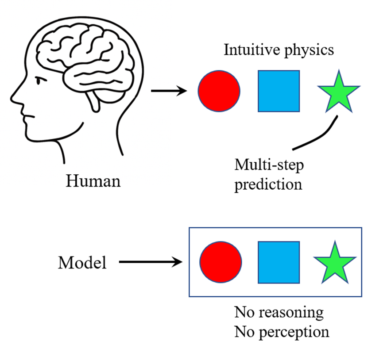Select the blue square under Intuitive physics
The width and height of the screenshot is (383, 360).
pos(279,91)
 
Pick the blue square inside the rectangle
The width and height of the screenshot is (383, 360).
pos(279,262)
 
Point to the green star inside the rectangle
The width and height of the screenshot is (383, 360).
pos(335,264)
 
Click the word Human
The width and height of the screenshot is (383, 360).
pos(93,181)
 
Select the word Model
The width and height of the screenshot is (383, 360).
pos(82,263)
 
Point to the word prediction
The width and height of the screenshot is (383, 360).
pos(268,183)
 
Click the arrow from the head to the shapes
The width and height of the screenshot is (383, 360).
pos(168,92)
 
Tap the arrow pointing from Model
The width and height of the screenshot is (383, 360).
pos(151,263)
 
